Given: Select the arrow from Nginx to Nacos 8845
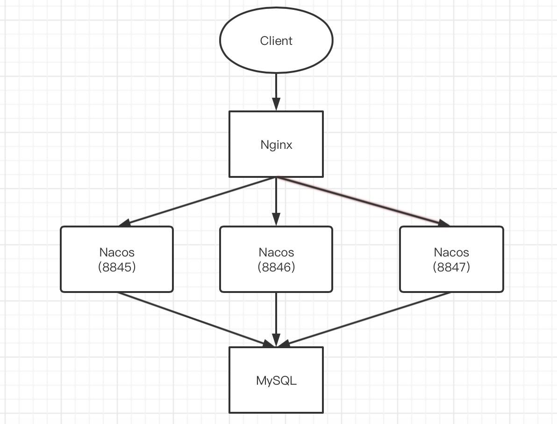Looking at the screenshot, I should click(196, 201).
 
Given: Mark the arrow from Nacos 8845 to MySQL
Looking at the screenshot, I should click(196, 320).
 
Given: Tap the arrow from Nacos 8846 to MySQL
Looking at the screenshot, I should click(276, 318).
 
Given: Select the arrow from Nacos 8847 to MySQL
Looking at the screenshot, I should click(364, 320).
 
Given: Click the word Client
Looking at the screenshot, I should click(276, 41).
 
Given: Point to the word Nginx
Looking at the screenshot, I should click(276, 145).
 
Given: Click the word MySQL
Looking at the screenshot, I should click(276, 380).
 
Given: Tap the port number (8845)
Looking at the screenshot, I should click(117, 267).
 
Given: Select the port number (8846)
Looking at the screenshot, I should click(276, 267).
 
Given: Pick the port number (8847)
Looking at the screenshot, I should click(451, 267).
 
